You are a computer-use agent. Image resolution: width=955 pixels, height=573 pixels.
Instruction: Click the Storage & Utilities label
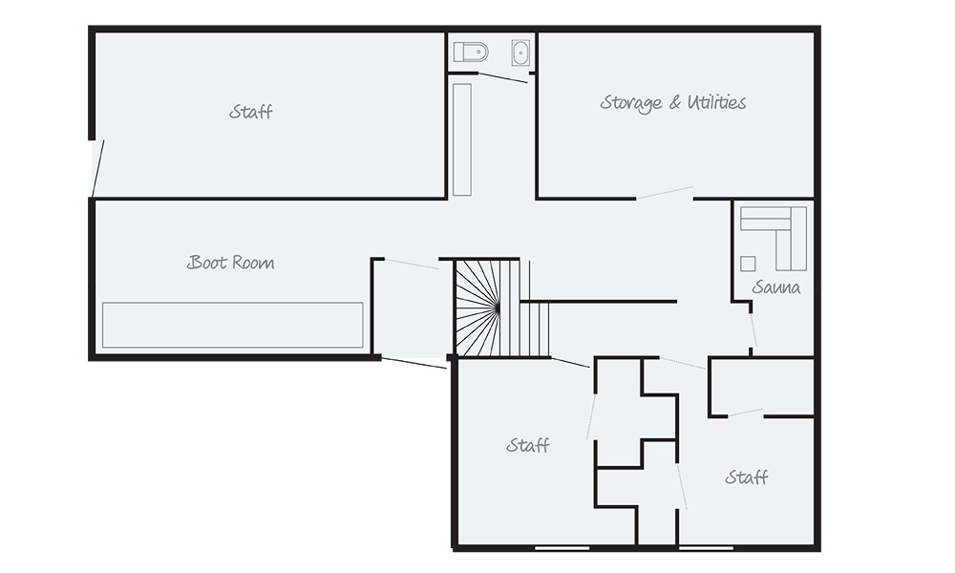click(673, 102)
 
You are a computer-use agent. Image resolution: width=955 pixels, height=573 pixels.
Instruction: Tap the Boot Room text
click(230, 263)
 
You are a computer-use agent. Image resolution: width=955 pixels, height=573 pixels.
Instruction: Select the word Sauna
click(775, 286)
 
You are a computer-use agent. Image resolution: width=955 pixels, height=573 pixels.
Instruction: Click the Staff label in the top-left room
click(250, 112)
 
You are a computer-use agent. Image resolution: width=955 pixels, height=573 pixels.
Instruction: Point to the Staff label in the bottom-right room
click(746, 477)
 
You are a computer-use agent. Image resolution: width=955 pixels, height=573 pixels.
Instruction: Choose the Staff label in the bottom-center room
click(528, 446)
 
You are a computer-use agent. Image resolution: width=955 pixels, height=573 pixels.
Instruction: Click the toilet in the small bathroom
click(470, 52)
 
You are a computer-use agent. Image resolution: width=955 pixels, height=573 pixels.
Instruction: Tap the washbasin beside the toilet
click(520, 53)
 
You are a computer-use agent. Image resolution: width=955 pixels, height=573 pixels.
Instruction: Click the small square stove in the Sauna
click(748, 263)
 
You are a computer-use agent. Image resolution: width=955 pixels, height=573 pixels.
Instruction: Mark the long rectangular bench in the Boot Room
click(233, 325)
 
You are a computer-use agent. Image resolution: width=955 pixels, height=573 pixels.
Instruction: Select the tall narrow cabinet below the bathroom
click(462, 139)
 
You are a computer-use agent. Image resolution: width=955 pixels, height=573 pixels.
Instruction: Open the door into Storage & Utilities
click(665, 193)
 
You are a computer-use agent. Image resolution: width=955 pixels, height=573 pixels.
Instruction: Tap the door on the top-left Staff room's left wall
click(96, 168)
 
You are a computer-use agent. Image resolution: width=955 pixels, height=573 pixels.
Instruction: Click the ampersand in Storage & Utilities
click(672, 103)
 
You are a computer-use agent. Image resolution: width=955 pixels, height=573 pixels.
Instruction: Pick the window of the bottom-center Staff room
click(562, 548)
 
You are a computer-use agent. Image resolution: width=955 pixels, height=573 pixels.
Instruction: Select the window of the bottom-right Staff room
click(706, 548)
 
